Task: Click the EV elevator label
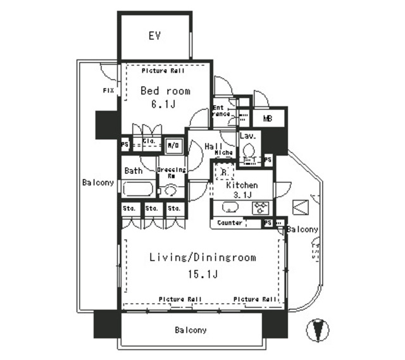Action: point(154,35)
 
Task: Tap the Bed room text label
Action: point(165,91)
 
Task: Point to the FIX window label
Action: point(108,91)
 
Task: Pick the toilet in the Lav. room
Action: point(249,151)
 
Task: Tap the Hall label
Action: point(212,146)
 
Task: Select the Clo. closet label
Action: point(149,142)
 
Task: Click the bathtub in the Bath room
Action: point(137,189)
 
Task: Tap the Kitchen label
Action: point(242,185)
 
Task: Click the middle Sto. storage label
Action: point(151,208)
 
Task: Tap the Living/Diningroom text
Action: point(202,258)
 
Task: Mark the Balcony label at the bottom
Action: point(190,330)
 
